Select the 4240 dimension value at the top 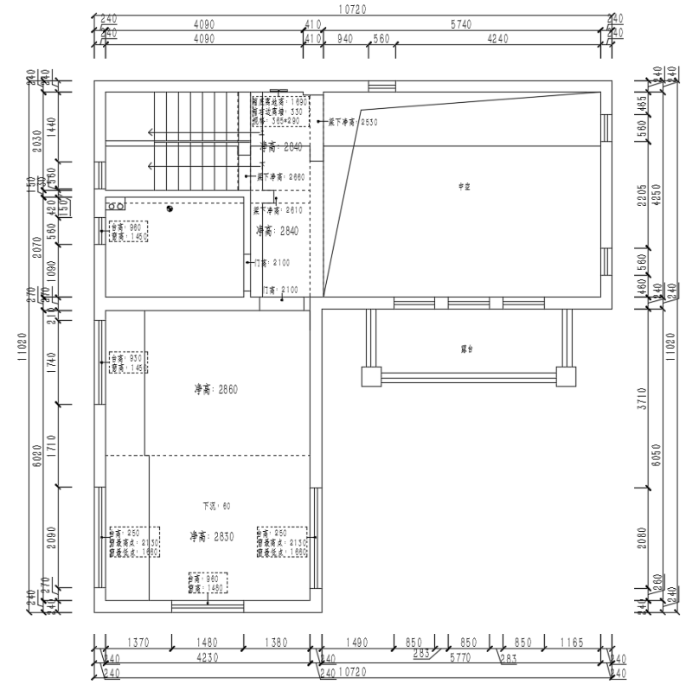click(497, 40)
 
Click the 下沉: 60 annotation click(216, 506)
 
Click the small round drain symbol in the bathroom click(170, 207)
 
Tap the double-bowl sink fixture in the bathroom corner click(115, 205)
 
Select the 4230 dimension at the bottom click(205, 658)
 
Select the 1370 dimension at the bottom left click(138, 643)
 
